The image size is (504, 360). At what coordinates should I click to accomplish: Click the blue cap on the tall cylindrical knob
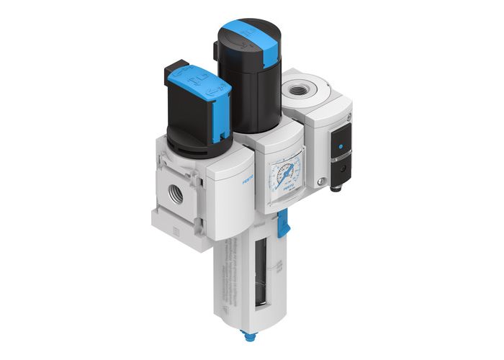(x=248, y=32)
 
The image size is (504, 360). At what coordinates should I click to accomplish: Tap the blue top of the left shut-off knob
(x=198, y=84)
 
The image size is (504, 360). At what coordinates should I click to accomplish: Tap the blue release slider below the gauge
(x=284, y=217)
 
